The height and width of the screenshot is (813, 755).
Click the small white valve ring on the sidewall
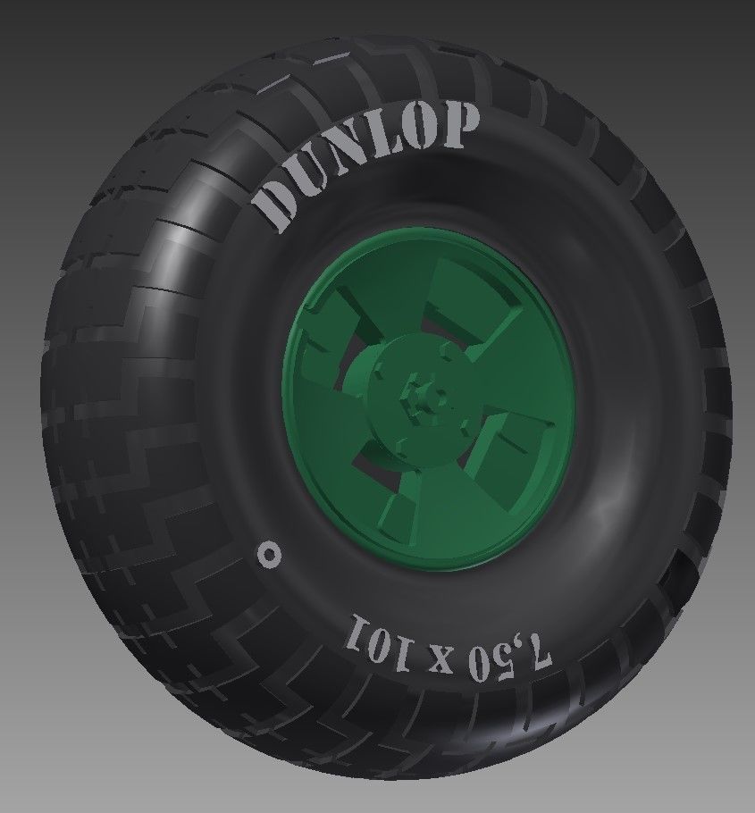268,553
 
